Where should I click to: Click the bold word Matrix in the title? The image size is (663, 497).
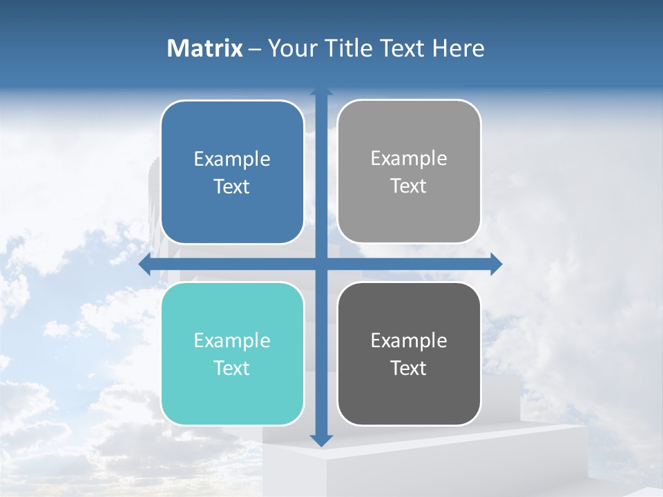click(204, 48)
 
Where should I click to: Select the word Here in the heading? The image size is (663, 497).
click(458, 48)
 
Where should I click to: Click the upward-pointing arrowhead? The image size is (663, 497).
click(321, 92)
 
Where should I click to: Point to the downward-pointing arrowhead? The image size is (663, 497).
click(321, 440)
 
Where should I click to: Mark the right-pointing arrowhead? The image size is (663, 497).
click(496, 264)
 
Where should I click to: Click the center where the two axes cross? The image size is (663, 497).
click(321, 264)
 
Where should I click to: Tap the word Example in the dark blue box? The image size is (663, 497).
click(232, 159)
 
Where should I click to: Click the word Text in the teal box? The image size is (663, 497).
click(232, 369)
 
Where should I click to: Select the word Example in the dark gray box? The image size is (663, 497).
click(409, 340)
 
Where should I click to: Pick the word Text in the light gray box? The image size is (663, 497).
click(409, 186)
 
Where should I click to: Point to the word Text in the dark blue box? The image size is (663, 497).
click(232, 187)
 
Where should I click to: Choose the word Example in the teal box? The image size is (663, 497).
click(232, 340)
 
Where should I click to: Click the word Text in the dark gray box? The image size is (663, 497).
click(409, 369)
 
